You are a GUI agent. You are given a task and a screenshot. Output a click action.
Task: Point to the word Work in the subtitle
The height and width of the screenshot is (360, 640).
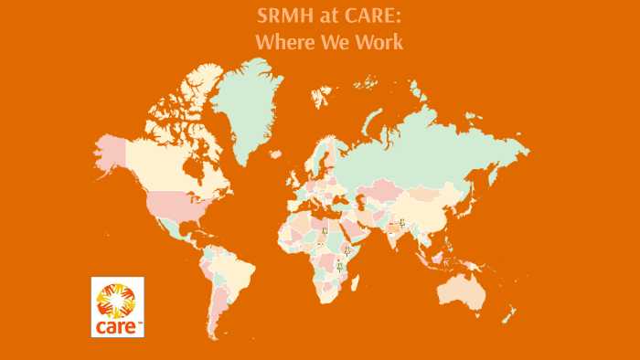coord(378,41)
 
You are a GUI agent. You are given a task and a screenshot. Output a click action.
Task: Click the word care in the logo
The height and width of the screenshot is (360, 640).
coord(117,325)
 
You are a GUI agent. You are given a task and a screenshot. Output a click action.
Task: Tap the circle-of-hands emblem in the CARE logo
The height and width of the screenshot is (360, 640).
coord(117,299)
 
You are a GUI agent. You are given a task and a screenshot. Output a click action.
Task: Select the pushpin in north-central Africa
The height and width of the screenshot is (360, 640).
coord(325,235)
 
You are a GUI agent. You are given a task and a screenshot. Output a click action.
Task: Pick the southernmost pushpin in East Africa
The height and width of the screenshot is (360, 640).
coord(340,266)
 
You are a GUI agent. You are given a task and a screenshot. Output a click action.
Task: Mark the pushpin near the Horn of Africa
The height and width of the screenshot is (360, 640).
coord(347,249)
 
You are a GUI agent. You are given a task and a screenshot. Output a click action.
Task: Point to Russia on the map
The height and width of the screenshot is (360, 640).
coord(430,146)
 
